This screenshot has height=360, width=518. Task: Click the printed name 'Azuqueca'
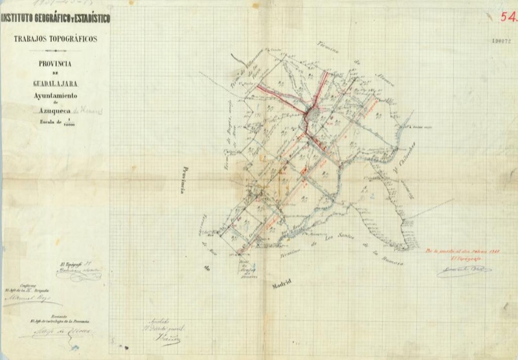[x=50, y=111]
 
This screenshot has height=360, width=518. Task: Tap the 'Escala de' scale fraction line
[x=57, y=122]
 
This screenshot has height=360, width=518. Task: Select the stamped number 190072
[x=502, y=40]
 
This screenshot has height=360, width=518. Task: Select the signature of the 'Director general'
[x=167, y=339]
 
